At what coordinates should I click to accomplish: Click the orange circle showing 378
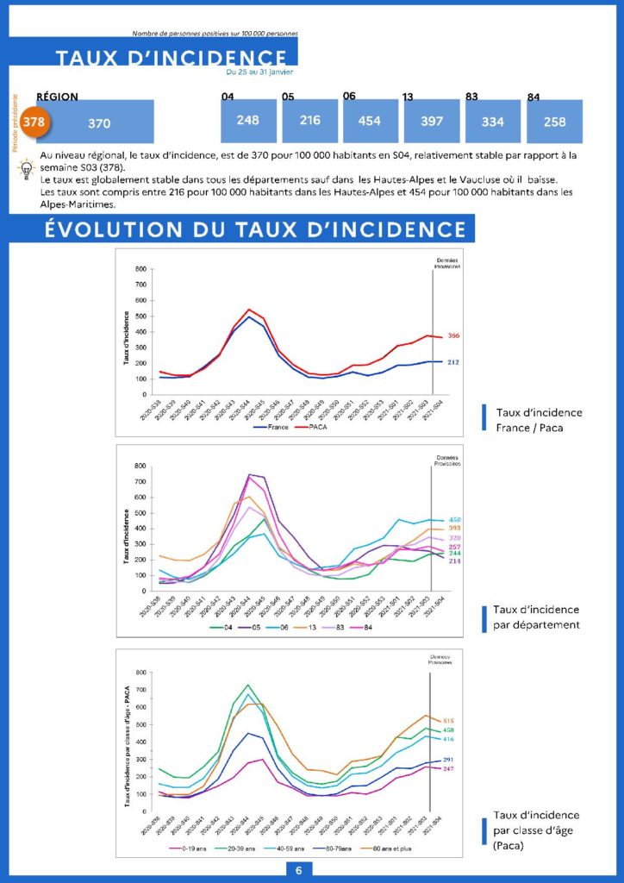pyautogui.click(x=33, y=122)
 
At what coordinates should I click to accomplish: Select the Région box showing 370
pyautogui.click(x=99, y=122)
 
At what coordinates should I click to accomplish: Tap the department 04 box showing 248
pyautogui.click(x=247, y=120)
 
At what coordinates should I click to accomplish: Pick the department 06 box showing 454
pyautogui.click(x=369, y=121)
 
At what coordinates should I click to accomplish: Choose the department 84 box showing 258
pyautogui.click(x=555, y=122)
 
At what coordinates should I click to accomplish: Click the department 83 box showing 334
pyautogui.click(x=493, y=122)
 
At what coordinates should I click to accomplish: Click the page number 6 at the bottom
pyautogui.click(x=298, y=870)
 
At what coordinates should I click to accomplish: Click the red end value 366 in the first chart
pyautogui.click(x=453, y=335)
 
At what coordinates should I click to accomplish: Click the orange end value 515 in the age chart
pyautogui.click(x=448, y=720)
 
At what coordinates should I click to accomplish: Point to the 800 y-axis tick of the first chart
pyautogui.click(x=140, y=269)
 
